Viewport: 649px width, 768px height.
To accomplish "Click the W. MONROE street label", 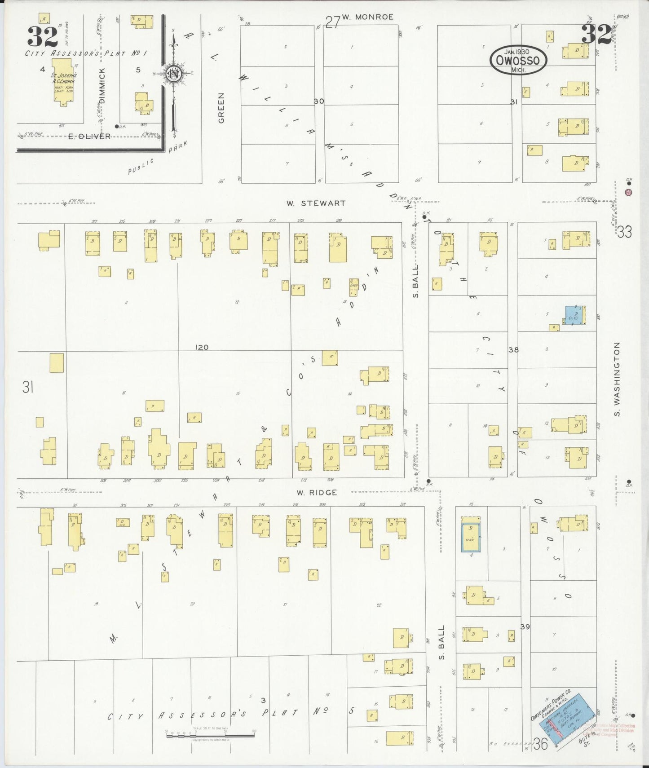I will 367,17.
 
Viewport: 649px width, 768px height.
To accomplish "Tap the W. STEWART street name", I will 316,203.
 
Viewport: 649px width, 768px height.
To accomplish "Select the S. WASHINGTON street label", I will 617,379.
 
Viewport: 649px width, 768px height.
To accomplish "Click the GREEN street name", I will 221,108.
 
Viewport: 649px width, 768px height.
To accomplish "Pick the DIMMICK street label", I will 102,86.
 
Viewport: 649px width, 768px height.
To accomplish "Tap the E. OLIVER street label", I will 89,136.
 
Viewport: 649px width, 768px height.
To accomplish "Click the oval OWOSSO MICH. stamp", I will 518,61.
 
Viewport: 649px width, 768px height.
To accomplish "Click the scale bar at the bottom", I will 210,736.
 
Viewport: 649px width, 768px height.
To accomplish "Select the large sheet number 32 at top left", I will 43,37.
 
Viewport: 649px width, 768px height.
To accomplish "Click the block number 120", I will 202,347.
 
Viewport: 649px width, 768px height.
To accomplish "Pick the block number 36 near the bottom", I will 541,745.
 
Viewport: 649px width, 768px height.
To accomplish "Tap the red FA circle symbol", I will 628,192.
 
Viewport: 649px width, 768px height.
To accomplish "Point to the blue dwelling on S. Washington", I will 574,315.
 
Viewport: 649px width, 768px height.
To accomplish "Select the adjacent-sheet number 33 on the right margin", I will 624,232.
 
